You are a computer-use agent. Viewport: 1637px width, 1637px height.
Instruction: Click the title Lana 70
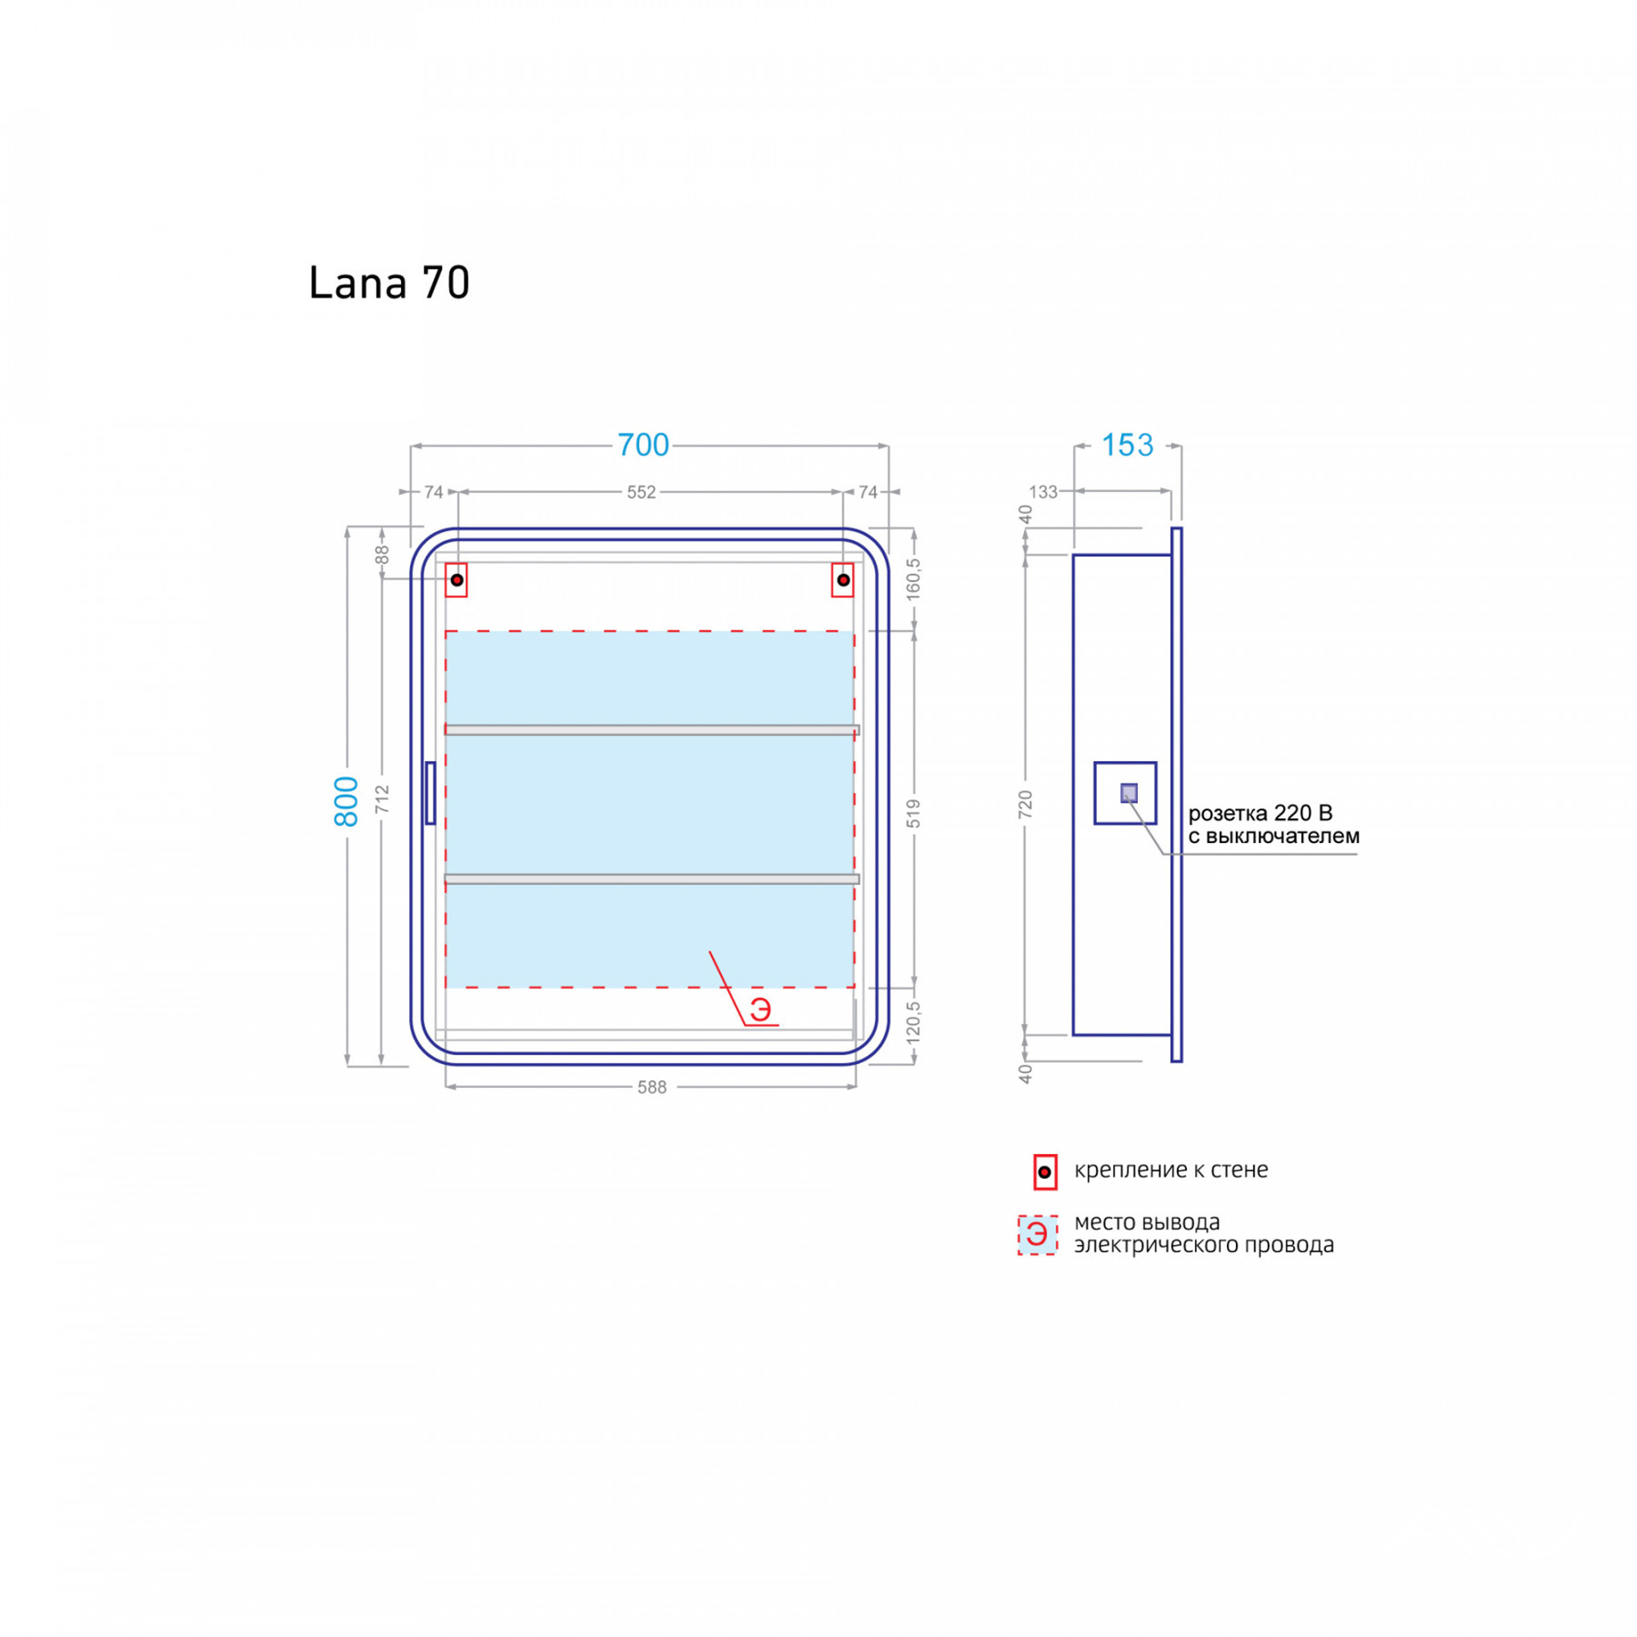(x=389, y=283)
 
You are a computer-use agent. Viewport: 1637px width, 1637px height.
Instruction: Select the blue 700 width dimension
(x=643, y=444)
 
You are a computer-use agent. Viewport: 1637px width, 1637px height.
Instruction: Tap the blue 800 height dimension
(x=346, y=800)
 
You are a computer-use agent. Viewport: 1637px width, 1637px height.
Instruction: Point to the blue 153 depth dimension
(x=1127, y=444)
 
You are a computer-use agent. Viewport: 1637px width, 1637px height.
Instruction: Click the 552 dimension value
(x=642, y=492)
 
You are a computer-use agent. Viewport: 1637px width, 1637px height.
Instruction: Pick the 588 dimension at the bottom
(x=652, y=1087)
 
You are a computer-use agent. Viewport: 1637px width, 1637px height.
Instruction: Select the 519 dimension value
(x=913, y=814)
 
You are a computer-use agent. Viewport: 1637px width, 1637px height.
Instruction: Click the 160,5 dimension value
(x=913, y=579)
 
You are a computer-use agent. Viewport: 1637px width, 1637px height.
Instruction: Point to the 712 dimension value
(x=382, y=799)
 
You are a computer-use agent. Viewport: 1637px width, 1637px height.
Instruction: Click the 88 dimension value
(x=382, y=555)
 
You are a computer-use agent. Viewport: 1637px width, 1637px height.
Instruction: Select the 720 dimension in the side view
(x=1026, y=804)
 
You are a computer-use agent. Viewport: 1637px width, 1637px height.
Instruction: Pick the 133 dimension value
(x=1043, y=492)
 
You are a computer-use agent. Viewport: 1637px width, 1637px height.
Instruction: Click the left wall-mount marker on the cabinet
(x=457, y=580)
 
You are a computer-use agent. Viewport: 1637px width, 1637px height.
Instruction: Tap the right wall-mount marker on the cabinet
(x=843, y=580)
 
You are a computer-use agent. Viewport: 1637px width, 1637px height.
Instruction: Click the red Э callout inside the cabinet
(x=760, y=1009)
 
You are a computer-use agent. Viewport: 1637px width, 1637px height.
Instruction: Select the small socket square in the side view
(x=1129, y=793)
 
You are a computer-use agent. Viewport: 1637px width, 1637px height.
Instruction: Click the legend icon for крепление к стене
(x=1044, y=1172)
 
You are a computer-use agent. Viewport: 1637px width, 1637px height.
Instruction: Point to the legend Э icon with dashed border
(x=1038, y=1235)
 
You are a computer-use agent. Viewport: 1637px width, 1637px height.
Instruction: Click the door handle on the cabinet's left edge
(x=431, y=793)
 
